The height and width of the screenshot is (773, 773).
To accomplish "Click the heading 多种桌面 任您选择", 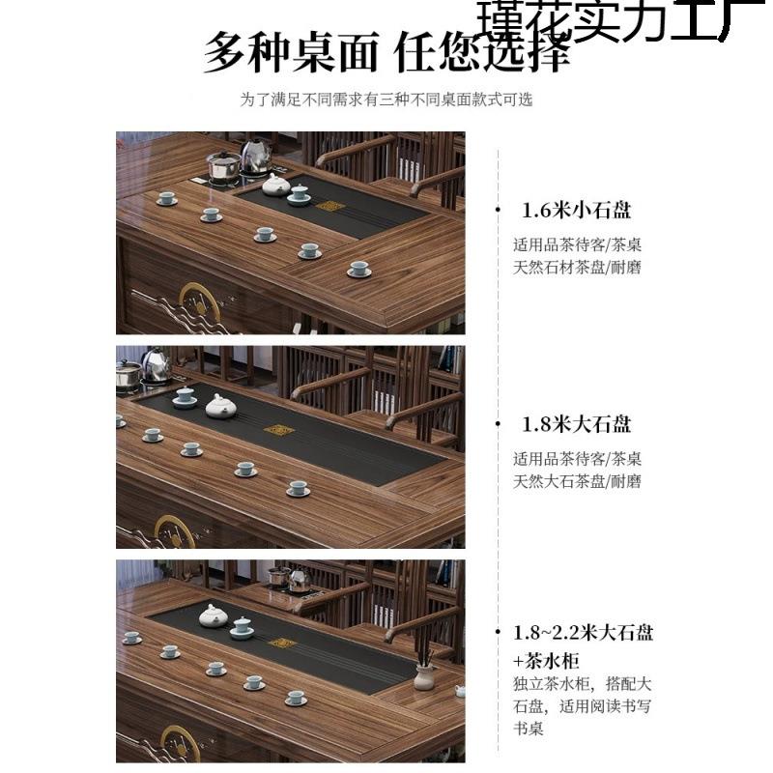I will click(x=386, y=53).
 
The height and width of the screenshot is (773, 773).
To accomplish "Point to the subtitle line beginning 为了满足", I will click(x=386, y=100).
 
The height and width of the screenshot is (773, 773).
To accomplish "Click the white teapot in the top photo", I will click(x=277, y=184).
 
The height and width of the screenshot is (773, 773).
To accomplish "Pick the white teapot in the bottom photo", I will click(x=212, y=616).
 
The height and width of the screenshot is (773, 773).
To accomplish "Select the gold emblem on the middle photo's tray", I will click(x=279, y=431).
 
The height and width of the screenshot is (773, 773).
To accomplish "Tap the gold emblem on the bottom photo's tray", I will click(x=282, y=643).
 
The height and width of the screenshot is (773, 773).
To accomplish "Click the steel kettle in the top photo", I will click(x=256, y=155).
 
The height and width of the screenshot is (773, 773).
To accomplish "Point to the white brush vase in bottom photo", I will click(x=422, y=673).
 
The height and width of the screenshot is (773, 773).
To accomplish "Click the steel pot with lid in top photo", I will click(x=224, y=166).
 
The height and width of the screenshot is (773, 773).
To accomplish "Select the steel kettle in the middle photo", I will click(x=156, y=364).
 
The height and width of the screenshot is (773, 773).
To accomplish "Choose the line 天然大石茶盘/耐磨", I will click(x=577, y=481).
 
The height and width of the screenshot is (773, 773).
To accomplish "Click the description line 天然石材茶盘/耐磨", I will click(x=577, y=267).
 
